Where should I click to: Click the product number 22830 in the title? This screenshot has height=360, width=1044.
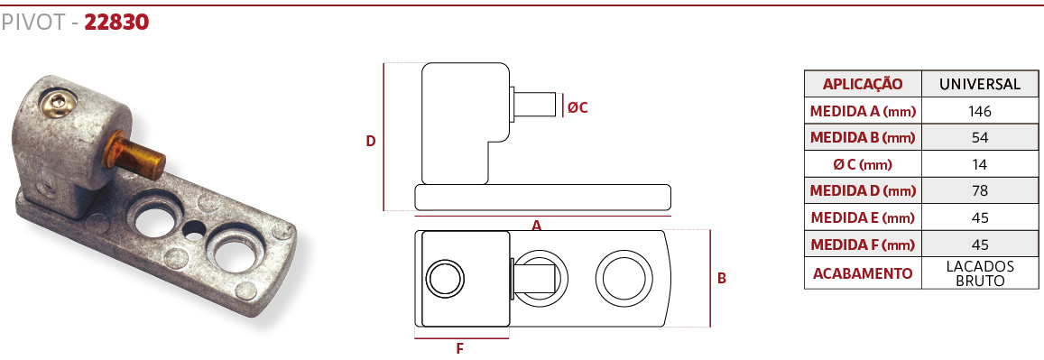pyautogui.click(x=116, y=23)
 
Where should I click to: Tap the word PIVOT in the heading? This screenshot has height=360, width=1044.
pyautogui.click(x=32, y=23)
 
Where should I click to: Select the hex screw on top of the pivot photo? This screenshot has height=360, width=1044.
pyautogui.click(x=57, y=103)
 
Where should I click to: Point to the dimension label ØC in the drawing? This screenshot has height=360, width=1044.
pyautogui.click(x=577, y=106)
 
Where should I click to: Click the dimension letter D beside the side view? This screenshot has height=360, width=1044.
pyautogui.click(x=371, y=141)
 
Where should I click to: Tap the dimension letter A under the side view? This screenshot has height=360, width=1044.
pyautogui.click(x=537, y=226)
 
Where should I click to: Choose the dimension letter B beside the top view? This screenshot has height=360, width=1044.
pyautogui.click(x=721, y=278)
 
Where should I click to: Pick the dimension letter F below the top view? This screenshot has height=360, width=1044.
pyautogui.click(x=459, y=348)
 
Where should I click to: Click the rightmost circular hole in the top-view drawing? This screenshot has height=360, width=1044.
pyautogui.click(x=623, y=277)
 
